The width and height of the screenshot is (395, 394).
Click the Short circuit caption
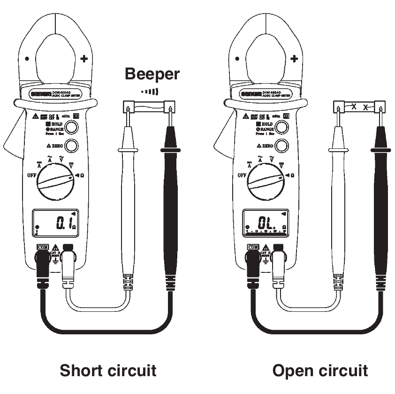tap(108, 371)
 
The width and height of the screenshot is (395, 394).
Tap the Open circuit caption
tap(320, 371)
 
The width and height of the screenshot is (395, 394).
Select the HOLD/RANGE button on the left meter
tap(71, 127)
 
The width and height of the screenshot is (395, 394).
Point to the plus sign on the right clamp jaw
tap(294, 59)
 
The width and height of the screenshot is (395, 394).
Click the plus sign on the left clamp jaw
tap(84, 59)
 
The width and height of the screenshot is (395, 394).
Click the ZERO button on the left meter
tap(71, 147)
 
